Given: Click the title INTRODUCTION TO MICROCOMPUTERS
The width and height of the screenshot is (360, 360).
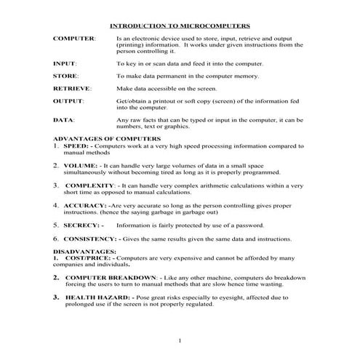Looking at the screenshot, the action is tap(179, 25).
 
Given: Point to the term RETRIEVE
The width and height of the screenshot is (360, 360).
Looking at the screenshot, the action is tap(71, 87).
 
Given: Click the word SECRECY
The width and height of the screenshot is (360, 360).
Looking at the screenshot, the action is tap(83, 225).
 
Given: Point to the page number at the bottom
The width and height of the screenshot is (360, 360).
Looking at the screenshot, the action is tap(180, 340).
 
